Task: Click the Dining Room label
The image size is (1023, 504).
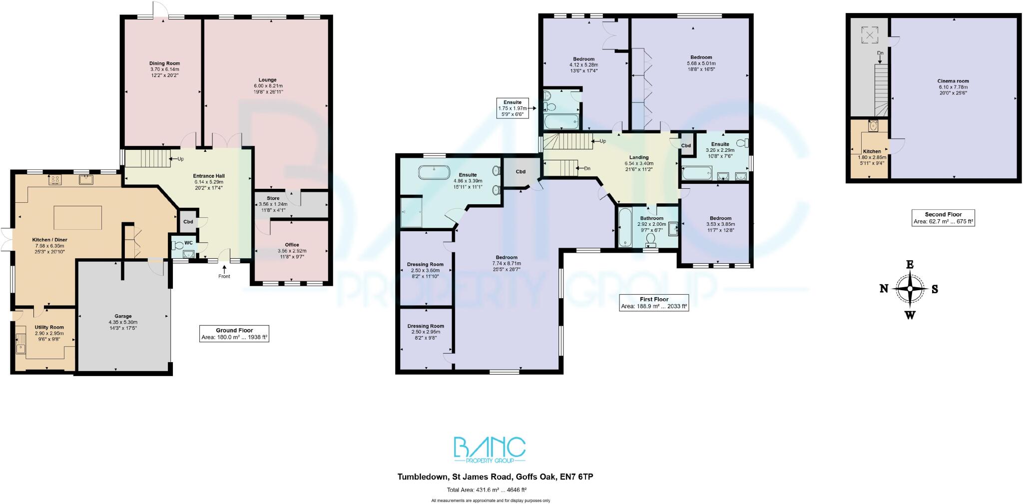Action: click(x=164, y=63)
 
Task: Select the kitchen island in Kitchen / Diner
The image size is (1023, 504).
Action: click(x=77, y=218)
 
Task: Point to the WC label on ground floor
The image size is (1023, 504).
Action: click(x=188, y=243)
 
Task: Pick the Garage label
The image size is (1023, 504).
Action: click(x=123, y=316)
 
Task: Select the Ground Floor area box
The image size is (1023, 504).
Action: click(x=234, y=334)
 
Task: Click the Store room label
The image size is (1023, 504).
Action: click(x=273, y=198)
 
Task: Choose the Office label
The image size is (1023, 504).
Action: click(x=292, y=245)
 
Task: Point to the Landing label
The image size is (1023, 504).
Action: click(x=638, y=157)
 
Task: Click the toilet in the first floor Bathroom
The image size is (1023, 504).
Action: click(x=651, y=241)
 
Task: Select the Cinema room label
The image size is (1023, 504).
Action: click(x=953, y=81)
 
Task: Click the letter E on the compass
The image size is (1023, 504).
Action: click(x=910, y=265)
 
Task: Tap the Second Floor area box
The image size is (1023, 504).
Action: click(x=943, y=218)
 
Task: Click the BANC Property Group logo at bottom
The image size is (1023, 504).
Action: click(x=489, y=450)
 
